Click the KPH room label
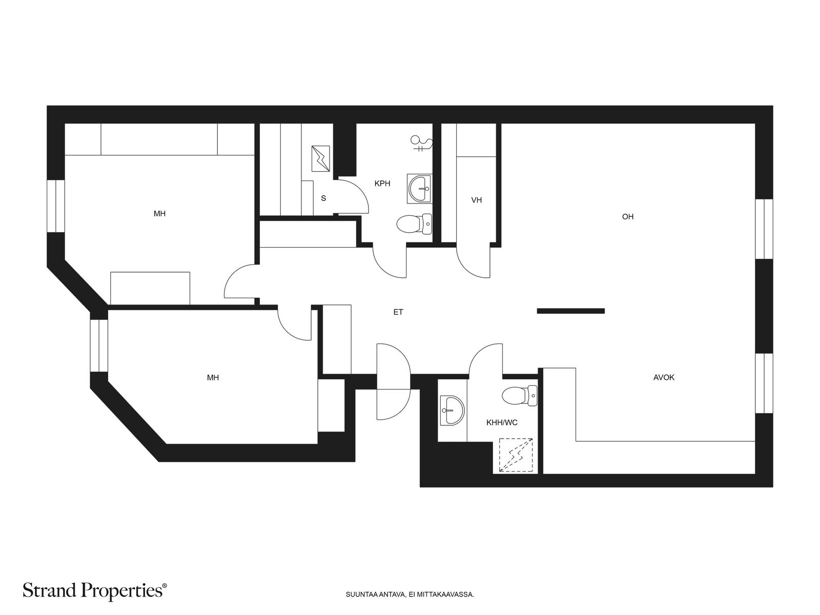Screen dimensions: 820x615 (x=382, y=183)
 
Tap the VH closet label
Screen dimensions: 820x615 (x=476, y=200)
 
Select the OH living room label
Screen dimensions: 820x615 (x=628, y=217)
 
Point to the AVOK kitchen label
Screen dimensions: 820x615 (x=664, y=378)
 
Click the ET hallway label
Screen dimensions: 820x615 (x=398, y=312)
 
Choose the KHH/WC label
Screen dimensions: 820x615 (x=502, y=423)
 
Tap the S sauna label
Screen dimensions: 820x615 (x=323, y=198)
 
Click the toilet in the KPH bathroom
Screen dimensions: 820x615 (x=414, y=224)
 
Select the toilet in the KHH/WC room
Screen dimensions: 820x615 (x=520, y=396)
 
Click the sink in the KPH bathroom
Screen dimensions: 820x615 (x=420, y=189)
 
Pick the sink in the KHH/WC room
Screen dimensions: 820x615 (x=453, y=411)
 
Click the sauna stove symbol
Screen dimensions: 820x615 (x=320, y=159)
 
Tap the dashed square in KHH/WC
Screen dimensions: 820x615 (x=516, y=455)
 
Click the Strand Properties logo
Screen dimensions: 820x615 (x=95, y=590)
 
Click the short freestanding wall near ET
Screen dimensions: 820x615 (x=571, y=311)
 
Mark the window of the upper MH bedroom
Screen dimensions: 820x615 (x=56, y=206)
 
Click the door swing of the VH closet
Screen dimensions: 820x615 (x=474, y=262)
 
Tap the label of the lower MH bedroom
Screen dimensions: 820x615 (x=213, y=378)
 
